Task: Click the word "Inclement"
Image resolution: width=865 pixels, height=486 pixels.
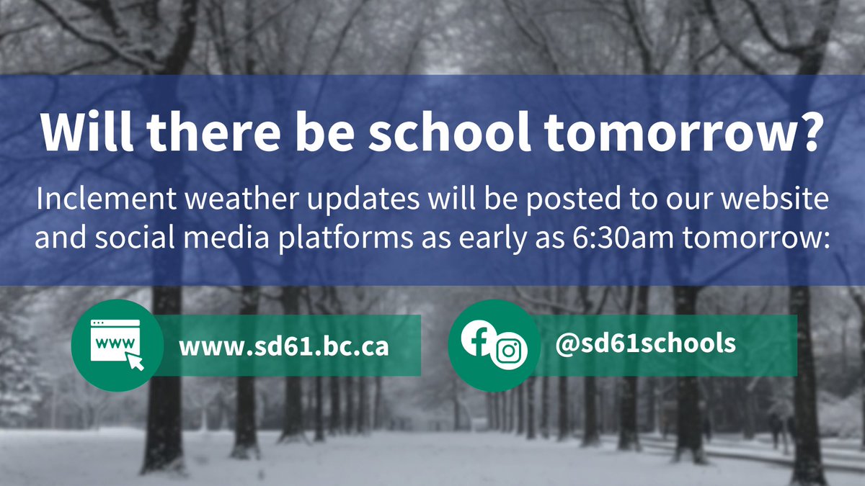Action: [x=99, y=201]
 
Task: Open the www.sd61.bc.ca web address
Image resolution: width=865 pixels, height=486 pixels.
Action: [x=284, y=346]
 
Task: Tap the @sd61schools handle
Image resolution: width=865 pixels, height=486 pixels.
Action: [x=645, y=343]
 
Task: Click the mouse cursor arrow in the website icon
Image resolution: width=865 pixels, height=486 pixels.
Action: [x=134, y=361]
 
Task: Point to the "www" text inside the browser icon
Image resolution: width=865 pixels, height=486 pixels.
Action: [x=107, y=343]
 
